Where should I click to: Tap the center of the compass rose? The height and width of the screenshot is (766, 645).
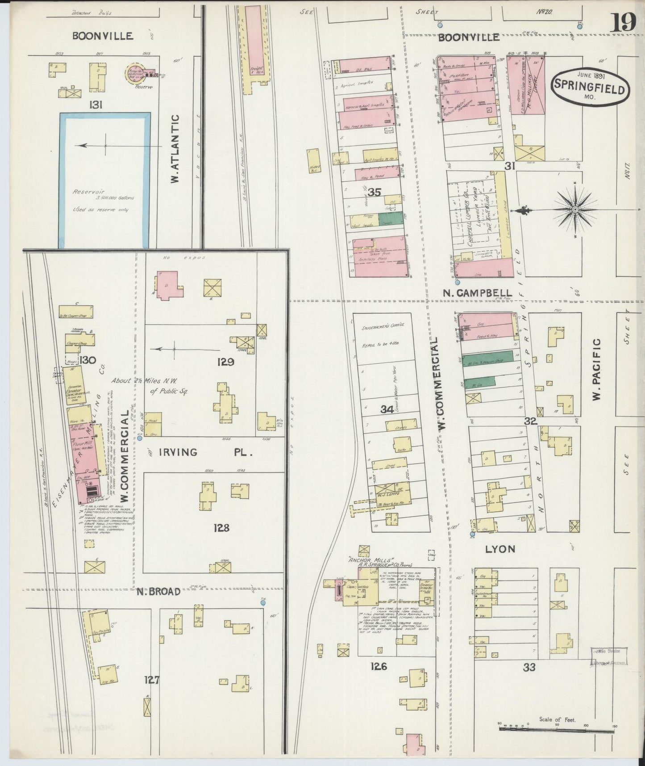click(x=575, y=209)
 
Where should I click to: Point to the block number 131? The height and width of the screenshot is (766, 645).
click(x=96, y=105)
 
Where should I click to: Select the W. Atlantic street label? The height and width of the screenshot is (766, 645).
click(x=175, y=148)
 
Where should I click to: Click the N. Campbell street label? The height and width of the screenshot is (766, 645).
click(x=477, y=293)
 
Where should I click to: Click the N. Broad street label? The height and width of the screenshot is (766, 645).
click(x=158, y=591)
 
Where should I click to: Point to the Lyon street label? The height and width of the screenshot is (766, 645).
click(x=500, y=549)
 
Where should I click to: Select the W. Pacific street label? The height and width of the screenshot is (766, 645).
click(x=597, y=370)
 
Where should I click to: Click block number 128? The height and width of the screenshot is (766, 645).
click(x=221, y=528)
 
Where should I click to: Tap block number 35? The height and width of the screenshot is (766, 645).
click(x=375, y=193)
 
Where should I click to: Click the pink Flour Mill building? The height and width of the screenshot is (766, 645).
click(x=84, y=451)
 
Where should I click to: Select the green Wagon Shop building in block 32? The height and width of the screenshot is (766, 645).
click(x=488, y=361)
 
